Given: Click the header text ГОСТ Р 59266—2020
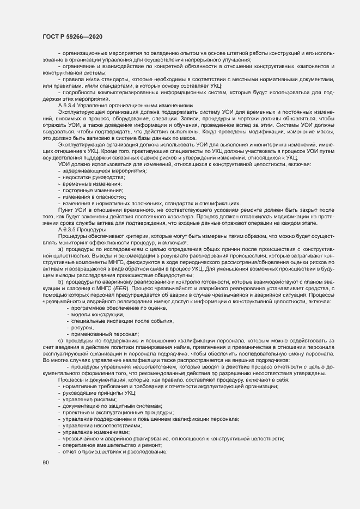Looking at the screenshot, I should (x=72, y=36).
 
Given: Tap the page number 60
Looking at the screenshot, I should (x=46, y=463).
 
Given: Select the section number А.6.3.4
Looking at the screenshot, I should (x=69, y=106).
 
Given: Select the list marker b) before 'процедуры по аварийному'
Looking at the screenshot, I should (x=61, y=282).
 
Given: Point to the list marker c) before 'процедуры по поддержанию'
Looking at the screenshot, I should (x=60, y=340).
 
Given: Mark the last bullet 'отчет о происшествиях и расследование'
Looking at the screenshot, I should (x=114, y=451).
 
